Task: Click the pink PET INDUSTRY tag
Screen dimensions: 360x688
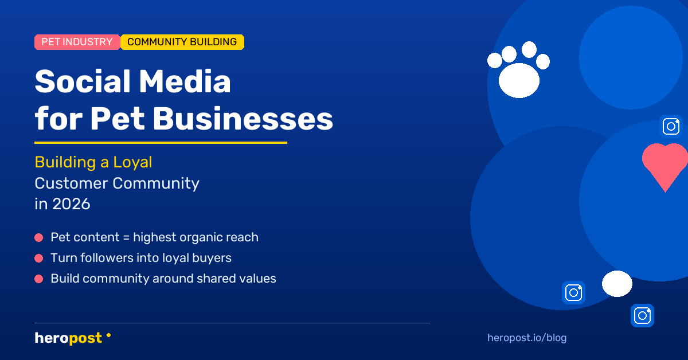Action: [x=77, y=42]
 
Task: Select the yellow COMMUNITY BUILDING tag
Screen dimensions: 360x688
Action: [x=182, y=42]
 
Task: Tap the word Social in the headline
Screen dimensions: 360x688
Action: [x=81, y=82]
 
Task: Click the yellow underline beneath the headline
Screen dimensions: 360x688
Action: [x=161, y=143]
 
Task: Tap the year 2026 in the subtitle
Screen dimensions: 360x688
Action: [x=71, y=204]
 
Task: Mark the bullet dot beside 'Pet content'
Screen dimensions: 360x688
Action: [x=39, y=237]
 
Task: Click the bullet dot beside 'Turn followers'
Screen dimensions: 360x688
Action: [x=39, y=259]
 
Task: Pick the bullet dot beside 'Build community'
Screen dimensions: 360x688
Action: [x=39, y=279]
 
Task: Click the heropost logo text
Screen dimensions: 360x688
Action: [x=68, y=338]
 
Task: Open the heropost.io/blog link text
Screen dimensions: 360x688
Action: [x=526, y=338]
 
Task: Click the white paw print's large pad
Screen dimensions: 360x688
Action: [x=519, y=80]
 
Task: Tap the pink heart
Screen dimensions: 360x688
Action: [x=665, y=163]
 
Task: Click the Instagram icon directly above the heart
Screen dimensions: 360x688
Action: [x=671, y=126]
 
